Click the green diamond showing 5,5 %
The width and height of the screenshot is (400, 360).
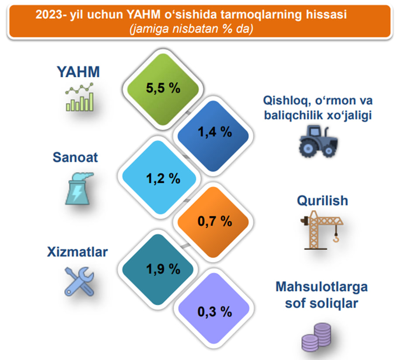point(163,89)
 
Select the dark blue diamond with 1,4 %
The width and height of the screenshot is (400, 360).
point(213,136)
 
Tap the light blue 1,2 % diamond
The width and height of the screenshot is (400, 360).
point(159,177)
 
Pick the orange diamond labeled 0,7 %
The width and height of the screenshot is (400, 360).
point(213,222)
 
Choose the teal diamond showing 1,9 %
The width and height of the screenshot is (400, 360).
point(158,269)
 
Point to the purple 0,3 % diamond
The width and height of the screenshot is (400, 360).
point(214,308)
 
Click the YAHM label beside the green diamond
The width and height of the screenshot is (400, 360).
point(78,72)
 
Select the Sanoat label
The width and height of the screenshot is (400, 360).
point(75,157)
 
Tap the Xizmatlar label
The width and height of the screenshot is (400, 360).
point(77,252)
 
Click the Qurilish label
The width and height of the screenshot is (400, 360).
point(322,200)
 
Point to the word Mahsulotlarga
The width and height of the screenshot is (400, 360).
point(322,287)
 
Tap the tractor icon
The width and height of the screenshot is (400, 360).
point(318,141)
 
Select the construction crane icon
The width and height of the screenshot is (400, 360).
point(322,230)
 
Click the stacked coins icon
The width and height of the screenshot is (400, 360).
point(316,337)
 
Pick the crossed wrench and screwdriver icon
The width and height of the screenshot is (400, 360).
point(79,281)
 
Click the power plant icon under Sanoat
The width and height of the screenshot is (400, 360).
point(79,189)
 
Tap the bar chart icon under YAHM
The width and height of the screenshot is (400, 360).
point(79,97)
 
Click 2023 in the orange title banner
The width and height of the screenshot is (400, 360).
point(49,14)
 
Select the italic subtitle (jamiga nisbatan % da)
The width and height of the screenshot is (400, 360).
point(191,29)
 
